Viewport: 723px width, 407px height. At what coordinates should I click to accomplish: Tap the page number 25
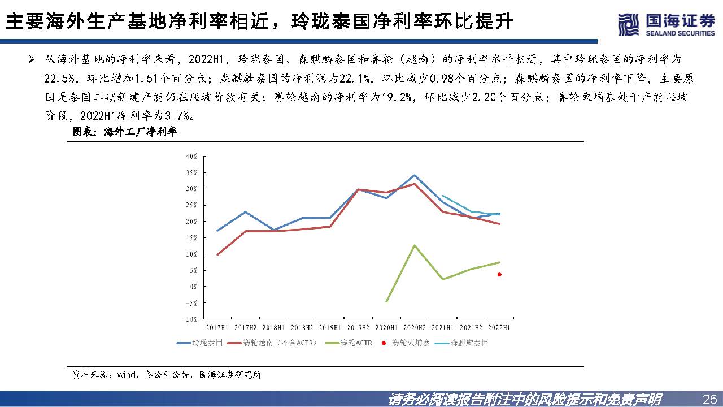click(709, 399)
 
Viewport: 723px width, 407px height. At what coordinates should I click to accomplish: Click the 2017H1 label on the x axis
click(217, 328)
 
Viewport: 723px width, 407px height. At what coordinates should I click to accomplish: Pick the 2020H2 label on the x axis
click(414, 328)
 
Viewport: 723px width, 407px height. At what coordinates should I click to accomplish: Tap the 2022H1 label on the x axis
click(499, 328)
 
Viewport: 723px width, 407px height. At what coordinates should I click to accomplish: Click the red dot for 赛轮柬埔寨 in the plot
click(499, 275)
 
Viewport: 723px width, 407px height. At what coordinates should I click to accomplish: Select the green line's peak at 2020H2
click(415, 245)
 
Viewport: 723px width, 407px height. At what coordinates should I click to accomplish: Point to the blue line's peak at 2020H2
click(415, 175)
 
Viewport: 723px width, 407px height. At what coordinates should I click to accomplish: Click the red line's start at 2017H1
click(217, 254)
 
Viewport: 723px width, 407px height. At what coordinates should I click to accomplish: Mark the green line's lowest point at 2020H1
click(386, 301)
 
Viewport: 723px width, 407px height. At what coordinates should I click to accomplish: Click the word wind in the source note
click(126, 374)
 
